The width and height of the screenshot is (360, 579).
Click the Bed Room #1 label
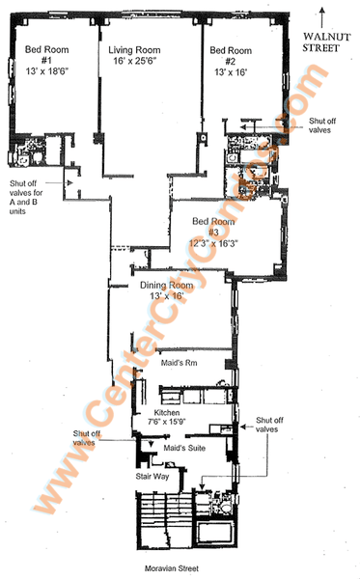pyautogui.click(x=46, y=55)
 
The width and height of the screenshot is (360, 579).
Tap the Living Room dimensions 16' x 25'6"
pyautogui.click(x=135, y=61)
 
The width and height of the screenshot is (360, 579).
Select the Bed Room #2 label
pyautogui.click(x=231, y=55)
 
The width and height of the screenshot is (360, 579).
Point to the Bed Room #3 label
pyautogui.click(x=213, y=227)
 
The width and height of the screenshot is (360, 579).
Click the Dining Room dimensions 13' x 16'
pyautogui.click(x=167, y=296)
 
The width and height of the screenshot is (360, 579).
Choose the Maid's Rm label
pyautogui.click(x=180, y=363)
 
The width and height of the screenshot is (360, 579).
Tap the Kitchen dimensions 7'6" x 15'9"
pyautogui.click(x=167, y=422)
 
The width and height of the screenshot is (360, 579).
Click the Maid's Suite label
pyautogui.click(x=184, y=448)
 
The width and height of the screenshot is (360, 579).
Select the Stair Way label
pyautogui.click(x=152, y=477)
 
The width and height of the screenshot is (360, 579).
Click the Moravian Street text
pyautogui.click(x=172, y=568)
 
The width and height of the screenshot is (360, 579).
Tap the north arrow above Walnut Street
pyautogui.click(x=322, y=17)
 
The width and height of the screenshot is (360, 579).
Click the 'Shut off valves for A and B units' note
pyautogui.click(x=26, y=197)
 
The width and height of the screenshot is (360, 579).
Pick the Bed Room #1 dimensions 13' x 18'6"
pyautogui.click(x=47, y=70)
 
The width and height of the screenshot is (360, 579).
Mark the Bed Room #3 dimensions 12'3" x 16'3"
pyautogui.click(x=213, y=243)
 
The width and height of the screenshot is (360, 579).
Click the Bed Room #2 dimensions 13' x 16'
pyautogui.click(x=231, y=72)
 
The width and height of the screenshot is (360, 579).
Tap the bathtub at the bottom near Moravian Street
pyautogui.click(x=214, y=533)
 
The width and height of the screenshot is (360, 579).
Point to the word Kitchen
pyautogui.click(x=167, y=413)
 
